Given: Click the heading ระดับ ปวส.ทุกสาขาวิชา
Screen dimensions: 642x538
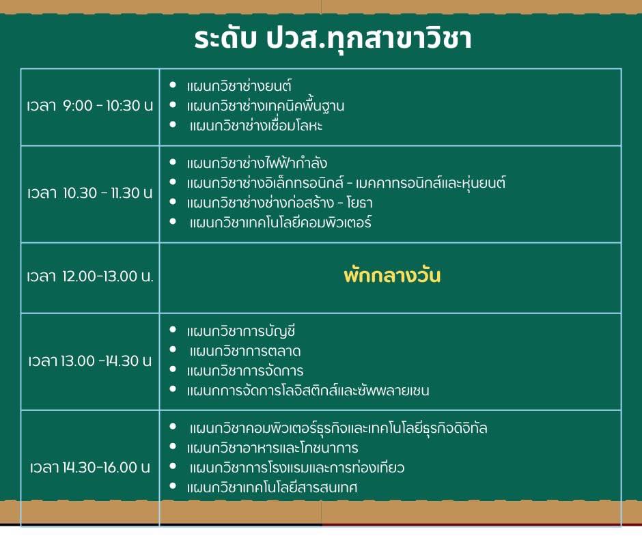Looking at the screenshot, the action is coord(333,39).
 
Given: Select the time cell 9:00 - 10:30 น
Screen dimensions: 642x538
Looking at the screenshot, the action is coord(90,106).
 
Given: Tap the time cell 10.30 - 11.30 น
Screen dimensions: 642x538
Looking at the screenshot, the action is coord(90,193).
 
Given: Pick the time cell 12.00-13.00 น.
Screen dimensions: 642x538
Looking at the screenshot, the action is coord(90,277).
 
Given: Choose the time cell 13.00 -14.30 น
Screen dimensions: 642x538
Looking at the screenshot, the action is coord(90,360).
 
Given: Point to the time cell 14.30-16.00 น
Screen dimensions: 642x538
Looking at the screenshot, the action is coord(90,467).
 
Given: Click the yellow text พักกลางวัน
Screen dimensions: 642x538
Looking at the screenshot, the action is coord(392,275).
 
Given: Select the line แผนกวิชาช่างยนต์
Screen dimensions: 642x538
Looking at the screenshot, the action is coord(239,86).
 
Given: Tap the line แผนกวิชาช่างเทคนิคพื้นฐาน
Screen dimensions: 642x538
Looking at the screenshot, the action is coord(265,106).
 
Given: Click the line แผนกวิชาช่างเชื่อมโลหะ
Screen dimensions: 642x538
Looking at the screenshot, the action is coord(256,126).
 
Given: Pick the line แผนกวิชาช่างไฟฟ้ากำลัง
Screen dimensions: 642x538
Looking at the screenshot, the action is coord(257,162).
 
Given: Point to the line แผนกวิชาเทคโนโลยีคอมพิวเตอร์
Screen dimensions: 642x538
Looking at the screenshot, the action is coord(281,223).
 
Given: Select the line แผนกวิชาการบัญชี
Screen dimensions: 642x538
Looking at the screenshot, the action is coord(240,331).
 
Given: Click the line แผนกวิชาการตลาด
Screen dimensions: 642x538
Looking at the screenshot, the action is coord(245,351).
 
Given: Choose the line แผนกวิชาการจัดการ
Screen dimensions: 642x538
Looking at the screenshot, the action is coord(245,371).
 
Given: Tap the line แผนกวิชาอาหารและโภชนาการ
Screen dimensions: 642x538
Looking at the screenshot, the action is coord(273,447).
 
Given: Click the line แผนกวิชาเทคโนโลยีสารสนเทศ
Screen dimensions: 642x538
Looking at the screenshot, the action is coord(272,487).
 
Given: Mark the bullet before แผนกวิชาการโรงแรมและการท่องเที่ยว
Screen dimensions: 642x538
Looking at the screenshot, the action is coord(173,466).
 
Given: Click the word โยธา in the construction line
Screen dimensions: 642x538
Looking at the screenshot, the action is coord(359,203).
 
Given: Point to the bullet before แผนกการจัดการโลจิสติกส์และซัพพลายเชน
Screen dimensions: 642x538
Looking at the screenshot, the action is coord(173,389).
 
